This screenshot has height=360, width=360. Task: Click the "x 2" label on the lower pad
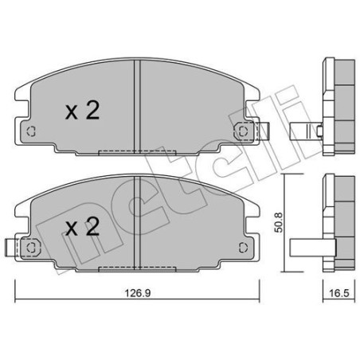[83, 229]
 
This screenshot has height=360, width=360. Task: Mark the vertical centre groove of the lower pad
[139, 223]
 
